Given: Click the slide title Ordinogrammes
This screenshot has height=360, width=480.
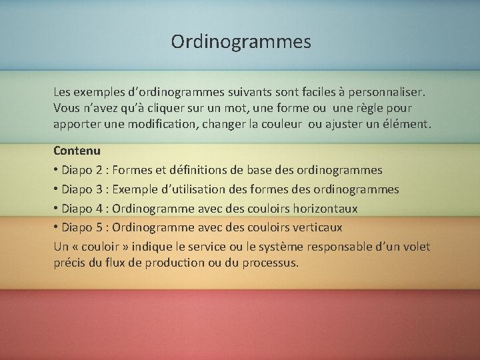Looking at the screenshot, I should click(241, 42).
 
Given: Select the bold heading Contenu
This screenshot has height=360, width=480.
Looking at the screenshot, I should click(77, 151).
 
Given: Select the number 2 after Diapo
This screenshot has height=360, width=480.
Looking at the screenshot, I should click(96, 171).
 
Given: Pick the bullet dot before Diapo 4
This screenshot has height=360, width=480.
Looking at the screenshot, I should click(57, 209).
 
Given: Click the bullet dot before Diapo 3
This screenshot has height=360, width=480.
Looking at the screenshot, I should click(57, 189).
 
